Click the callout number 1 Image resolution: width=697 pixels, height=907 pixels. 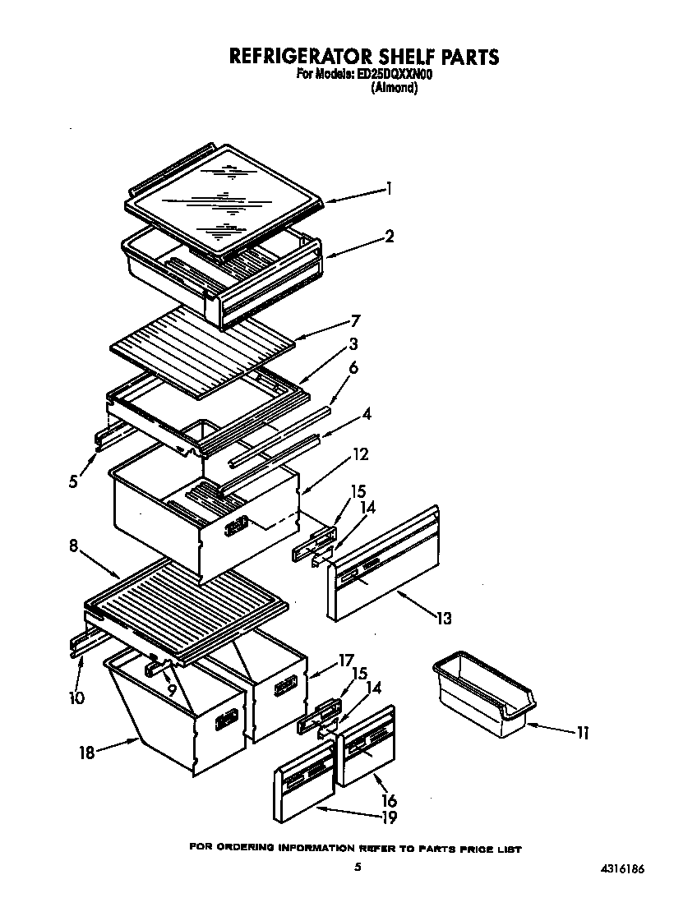point(389,189)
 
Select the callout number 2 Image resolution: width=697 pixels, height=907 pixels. point(389,237)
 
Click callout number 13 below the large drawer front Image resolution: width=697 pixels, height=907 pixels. point(443,618)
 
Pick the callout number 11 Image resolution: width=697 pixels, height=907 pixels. point(582,733)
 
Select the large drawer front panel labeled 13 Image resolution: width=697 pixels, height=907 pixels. point(383,567)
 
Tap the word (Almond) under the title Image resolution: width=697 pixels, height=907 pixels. point(395,88)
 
